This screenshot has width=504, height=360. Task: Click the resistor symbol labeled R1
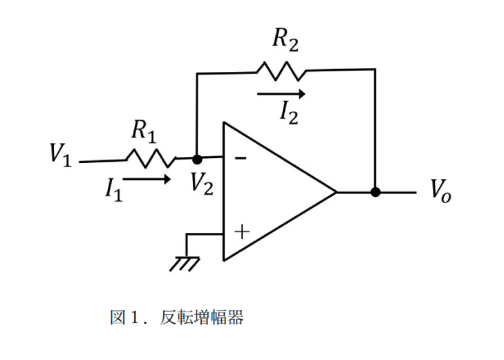[x=151, y=158]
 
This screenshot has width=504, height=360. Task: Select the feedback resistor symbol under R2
[x=281, y=70]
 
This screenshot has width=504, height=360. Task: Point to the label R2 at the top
[x=286, y=39]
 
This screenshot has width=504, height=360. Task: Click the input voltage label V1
[x=60, y=154]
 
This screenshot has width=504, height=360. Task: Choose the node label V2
[x=201, y=183]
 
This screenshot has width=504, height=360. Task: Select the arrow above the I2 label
[x=280, y=93]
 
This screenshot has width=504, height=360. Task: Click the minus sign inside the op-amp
[x=241, y=158]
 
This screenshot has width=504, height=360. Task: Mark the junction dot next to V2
[x=197, y=160]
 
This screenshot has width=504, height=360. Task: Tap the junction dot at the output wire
[x=375, y=192]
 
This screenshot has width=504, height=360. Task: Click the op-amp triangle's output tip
[x=335, y=192]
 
